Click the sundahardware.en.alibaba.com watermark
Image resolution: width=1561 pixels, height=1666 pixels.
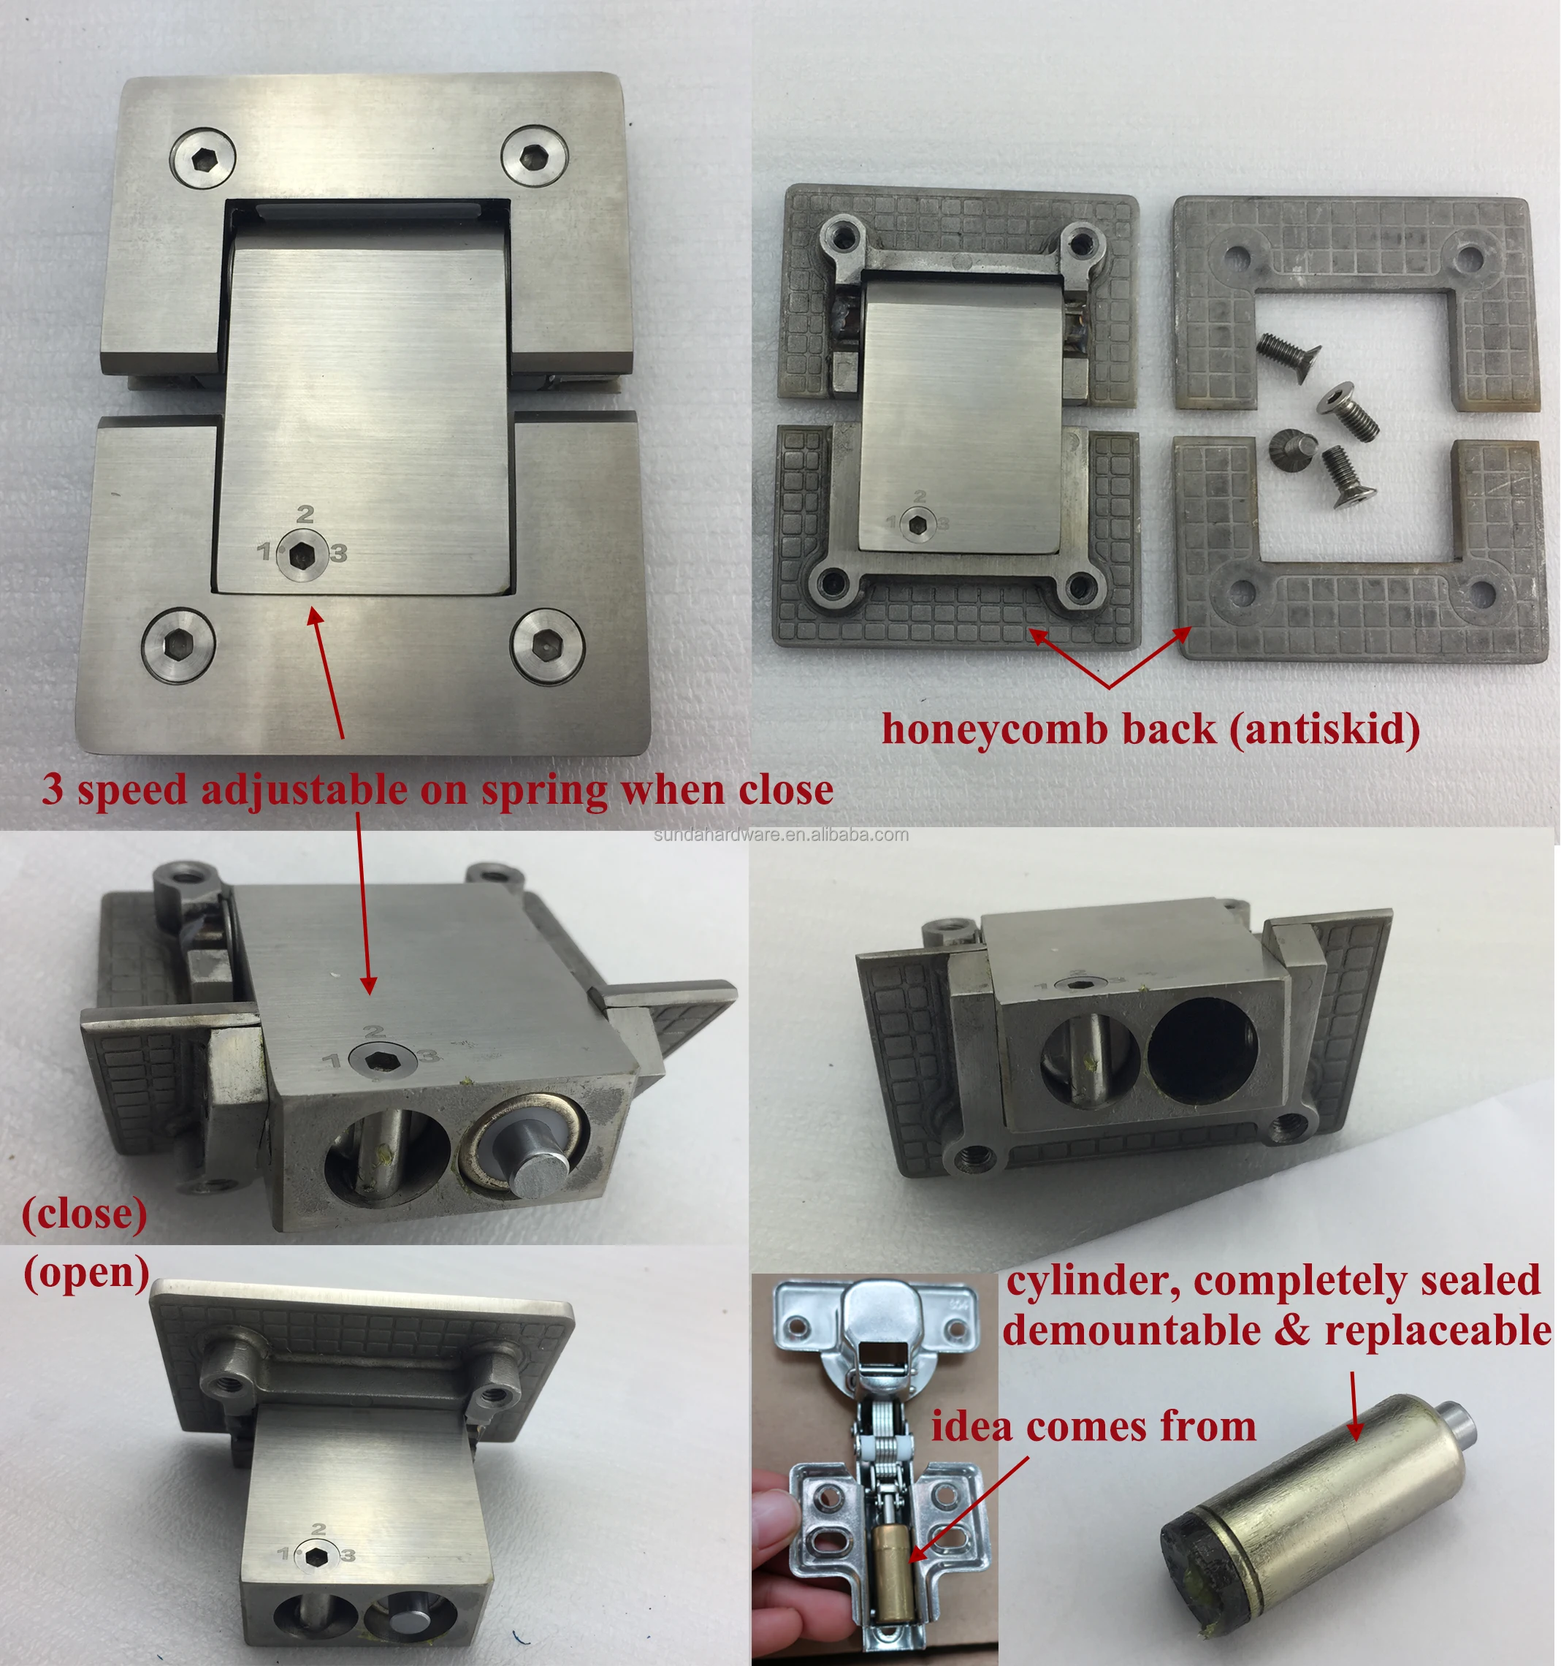pos(780,834)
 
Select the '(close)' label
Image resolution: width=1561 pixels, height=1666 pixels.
pos(84,1214)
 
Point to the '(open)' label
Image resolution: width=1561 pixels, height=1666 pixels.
pos(86,1273)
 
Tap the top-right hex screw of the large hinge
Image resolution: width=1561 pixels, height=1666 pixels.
pos(535,154)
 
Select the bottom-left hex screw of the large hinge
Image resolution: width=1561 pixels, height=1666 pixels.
pos(178,644)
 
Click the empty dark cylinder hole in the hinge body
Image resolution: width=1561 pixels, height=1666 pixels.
pos(1202,1057)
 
